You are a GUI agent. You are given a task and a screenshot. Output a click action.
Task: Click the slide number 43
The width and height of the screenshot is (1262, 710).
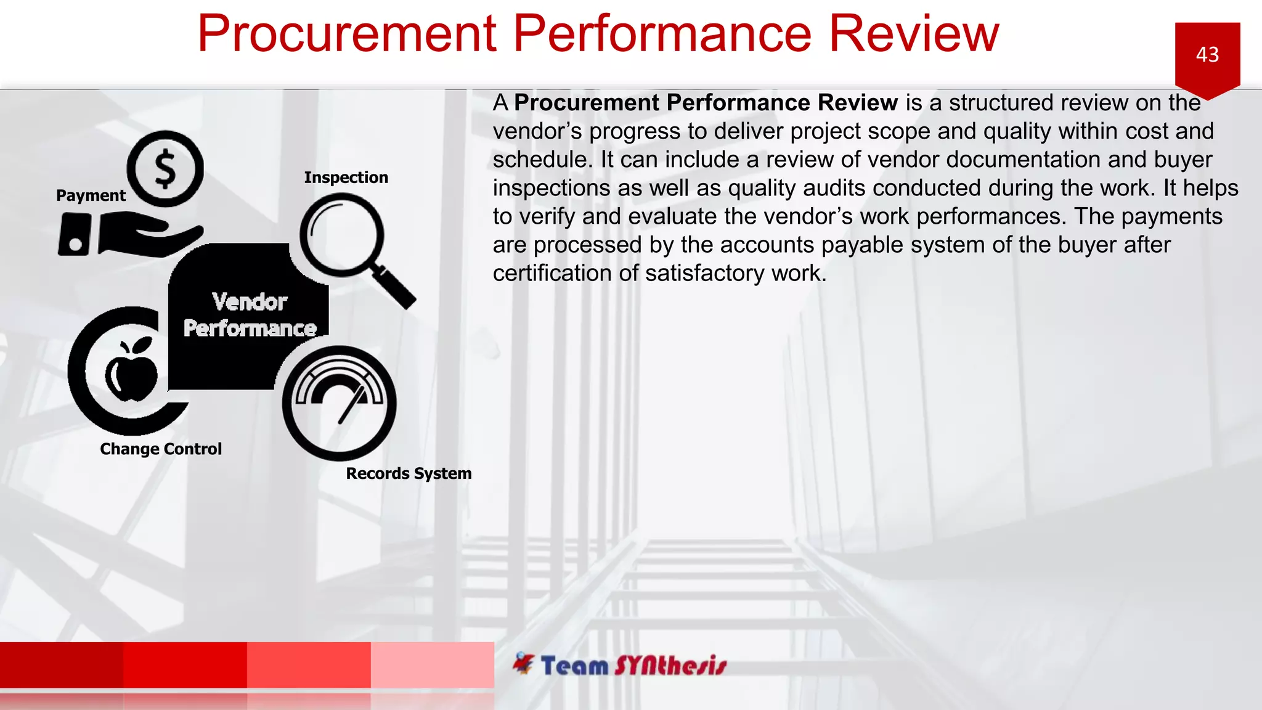1207,55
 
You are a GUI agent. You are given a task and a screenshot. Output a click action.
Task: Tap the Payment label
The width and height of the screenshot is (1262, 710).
91,195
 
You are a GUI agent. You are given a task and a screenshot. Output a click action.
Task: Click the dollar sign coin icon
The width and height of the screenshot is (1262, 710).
165,169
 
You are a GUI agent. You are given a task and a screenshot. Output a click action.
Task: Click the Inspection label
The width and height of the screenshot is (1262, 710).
346,177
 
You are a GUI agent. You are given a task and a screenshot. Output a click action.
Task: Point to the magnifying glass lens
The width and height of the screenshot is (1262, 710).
341,234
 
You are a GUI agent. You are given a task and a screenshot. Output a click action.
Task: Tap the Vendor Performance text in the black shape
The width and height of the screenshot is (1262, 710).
250,315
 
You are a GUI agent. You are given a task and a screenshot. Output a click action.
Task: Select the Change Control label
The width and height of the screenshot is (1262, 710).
161,449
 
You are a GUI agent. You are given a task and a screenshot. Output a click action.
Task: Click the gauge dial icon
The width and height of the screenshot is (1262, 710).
339,402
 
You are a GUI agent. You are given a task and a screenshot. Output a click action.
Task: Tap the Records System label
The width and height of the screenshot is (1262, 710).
409,473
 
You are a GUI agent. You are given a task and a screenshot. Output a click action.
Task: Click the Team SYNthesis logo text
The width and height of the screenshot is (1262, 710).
633,666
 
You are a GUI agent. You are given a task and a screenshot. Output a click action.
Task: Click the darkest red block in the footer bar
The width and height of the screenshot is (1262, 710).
62,664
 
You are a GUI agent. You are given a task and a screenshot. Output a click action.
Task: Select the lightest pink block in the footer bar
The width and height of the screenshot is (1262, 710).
432,664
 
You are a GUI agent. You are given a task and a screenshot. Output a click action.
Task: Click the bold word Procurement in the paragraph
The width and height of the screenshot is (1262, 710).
587,103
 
